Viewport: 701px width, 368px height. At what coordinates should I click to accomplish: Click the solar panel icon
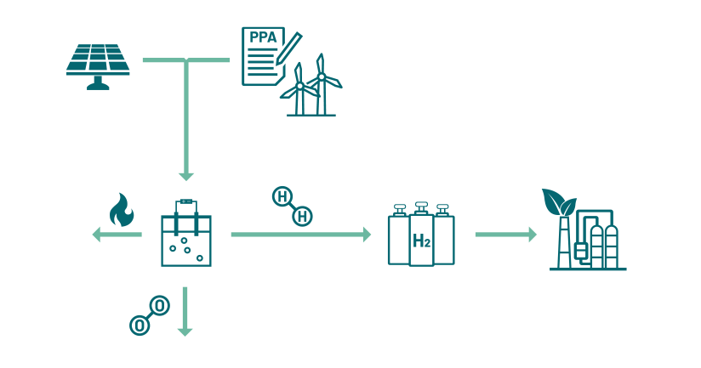(x=99, y=61)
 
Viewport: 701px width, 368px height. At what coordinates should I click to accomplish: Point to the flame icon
(x=122, y=211)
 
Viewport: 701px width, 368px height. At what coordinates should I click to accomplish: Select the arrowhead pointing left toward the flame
(x=97, y=234)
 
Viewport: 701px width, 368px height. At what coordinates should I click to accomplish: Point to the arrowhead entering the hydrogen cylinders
(x=367, y=234)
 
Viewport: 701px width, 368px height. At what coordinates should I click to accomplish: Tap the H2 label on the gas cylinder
(x=421, y=241)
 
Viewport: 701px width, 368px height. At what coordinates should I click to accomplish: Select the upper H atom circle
(x=282, y=197)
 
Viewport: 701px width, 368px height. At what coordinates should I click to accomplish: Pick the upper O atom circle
(x=159, y=305)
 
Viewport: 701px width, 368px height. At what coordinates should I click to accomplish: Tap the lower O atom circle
(x=139, y=324)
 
